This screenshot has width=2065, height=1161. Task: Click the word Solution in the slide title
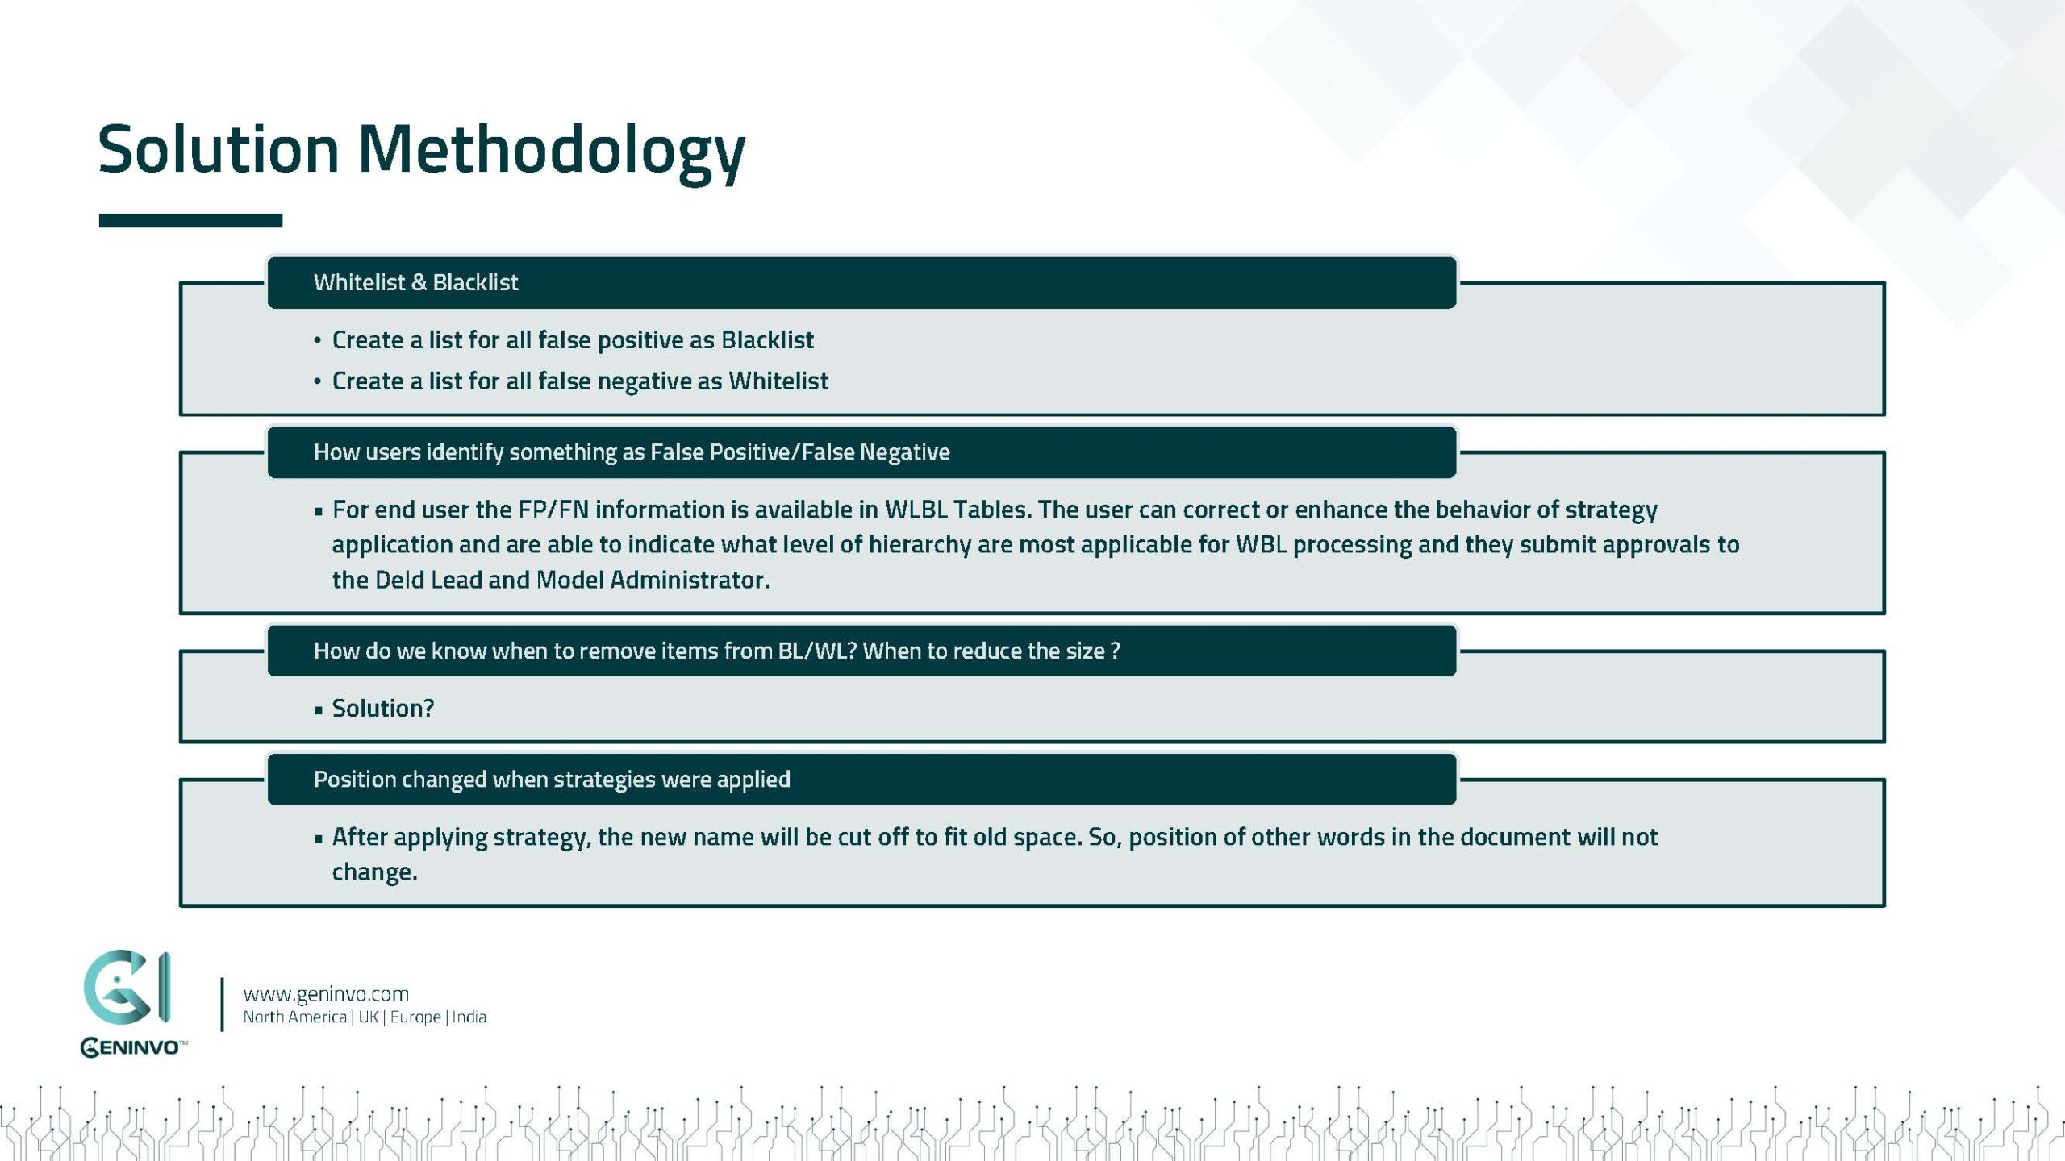(218, 151)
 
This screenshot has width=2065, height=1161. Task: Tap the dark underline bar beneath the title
(190, 220)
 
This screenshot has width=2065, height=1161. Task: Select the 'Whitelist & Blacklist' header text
(415, 282)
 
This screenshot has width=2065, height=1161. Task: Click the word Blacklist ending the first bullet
(767, 340)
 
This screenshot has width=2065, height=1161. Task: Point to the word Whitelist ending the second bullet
(778, 381)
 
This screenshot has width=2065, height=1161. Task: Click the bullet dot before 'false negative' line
(318, 381)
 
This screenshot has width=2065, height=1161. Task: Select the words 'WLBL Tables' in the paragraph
(957, 510)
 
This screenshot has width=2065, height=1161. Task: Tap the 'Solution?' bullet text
(383, 708)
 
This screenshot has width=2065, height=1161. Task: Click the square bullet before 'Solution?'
(319, 709)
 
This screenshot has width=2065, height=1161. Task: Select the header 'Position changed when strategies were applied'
(552, 780)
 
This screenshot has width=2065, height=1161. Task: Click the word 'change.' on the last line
(375, 872)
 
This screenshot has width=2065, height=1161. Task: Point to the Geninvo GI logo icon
(127, 988)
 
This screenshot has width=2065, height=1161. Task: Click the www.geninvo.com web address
(326, 994)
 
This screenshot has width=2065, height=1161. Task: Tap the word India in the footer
(469, 1017)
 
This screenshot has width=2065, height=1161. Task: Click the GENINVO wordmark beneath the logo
(132, 1047)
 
